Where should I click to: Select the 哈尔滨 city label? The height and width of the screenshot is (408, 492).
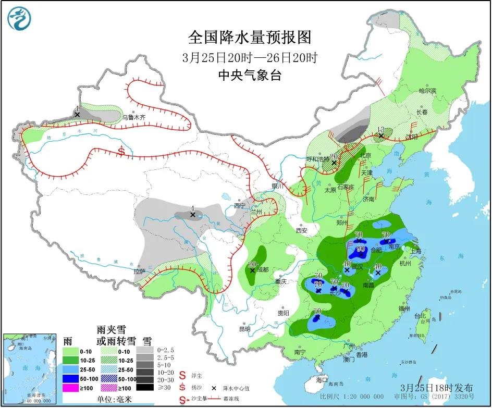pos(427,91)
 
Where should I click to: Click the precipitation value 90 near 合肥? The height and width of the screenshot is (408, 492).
pos(360,249)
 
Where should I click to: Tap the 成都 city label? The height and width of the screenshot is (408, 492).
pos(263,269)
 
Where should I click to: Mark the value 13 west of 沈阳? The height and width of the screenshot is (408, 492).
pos(380,130)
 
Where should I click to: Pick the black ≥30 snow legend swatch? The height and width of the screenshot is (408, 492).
pos(146,388)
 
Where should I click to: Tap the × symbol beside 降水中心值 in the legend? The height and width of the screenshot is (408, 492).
pos(214,388)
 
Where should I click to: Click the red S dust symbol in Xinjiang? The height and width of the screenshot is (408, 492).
pos(121,152)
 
